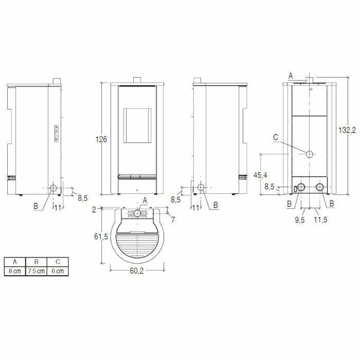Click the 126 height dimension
(x=101, y=139)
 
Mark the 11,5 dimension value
(x=320, y=220)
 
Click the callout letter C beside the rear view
(x=274, y=137)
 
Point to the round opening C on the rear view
(x=310, y=155)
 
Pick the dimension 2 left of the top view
(x=95, y=210)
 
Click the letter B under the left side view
(x=37, y=206)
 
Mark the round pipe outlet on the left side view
(x=55, y=188)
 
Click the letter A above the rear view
(x=290, y=76)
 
